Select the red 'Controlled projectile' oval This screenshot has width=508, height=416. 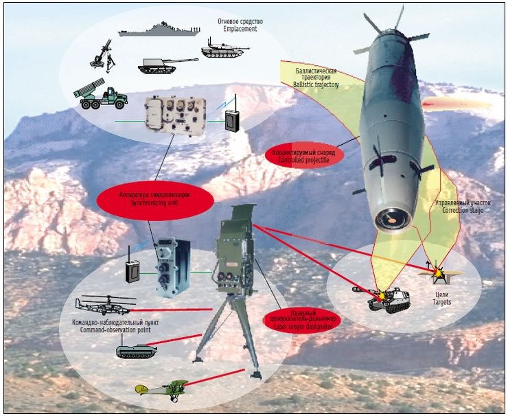click(x=304, y=154)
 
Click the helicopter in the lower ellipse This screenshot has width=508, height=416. click(x=104, y=304)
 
